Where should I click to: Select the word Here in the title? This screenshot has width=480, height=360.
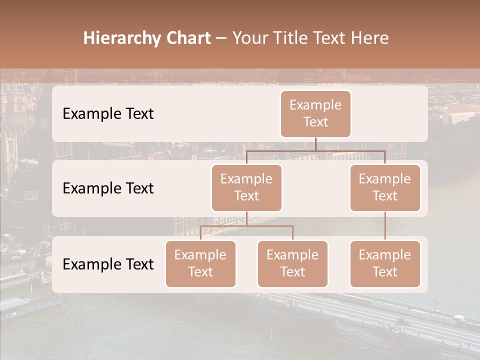pos(369,38)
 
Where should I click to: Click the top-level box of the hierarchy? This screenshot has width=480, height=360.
pos(315,114)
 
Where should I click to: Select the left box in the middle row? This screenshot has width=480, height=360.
pos(246,188)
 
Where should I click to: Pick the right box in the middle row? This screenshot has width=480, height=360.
pos(385,188)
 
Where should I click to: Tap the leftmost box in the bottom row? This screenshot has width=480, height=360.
pos(200,264)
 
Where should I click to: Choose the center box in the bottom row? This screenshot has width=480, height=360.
pos(292,264)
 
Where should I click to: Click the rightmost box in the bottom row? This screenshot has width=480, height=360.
pos(385,264)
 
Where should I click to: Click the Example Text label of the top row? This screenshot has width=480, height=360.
pos(108,114)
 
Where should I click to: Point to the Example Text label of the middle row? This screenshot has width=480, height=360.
pos(108,188)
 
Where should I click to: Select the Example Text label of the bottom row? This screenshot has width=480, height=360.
pos(108,264)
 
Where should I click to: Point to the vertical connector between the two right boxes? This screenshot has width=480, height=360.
pos(385,226)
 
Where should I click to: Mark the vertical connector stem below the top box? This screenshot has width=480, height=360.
pos(315,144)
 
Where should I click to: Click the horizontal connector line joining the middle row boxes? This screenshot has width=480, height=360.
pos(315,150)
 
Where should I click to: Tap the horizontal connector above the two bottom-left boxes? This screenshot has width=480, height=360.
pos(246,226)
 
